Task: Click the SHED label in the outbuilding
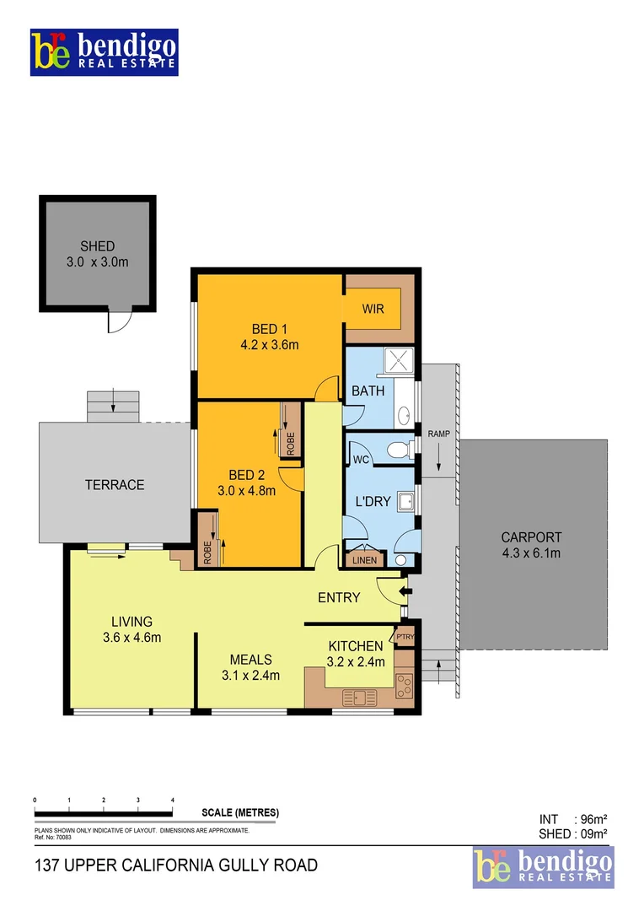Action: tap(98, 246)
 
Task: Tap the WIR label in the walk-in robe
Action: tap(373, 309)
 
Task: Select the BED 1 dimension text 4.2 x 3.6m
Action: tap(270, 344)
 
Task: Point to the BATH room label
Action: tap(368, 391)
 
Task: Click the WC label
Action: tap(362, 460)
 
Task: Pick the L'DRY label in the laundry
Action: tap(372, 501)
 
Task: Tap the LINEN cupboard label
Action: tap(365, 558)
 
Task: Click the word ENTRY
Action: tap(339, 597)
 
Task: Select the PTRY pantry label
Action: tap(405, 637)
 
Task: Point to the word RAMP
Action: tap(439, 434)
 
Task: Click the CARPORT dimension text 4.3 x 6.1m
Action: tap(531, 553)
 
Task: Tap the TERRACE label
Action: tap(115, 485)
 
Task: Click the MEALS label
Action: tap(250, 659)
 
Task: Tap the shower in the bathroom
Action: tap(400, 362)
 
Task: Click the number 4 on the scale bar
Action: tap(172, 799)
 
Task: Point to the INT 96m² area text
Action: tap(573, 818)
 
